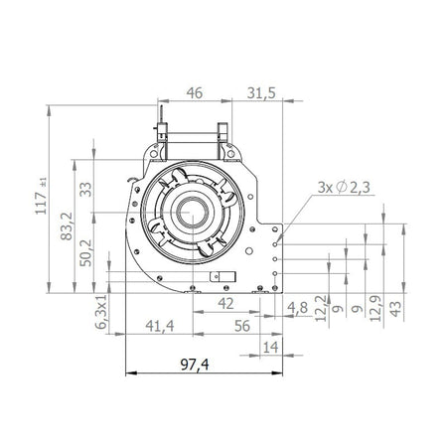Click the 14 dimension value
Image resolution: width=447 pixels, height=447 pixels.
coord(269,346)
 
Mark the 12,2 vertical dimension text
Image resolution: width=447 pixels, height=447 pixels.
coord(320,308)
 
